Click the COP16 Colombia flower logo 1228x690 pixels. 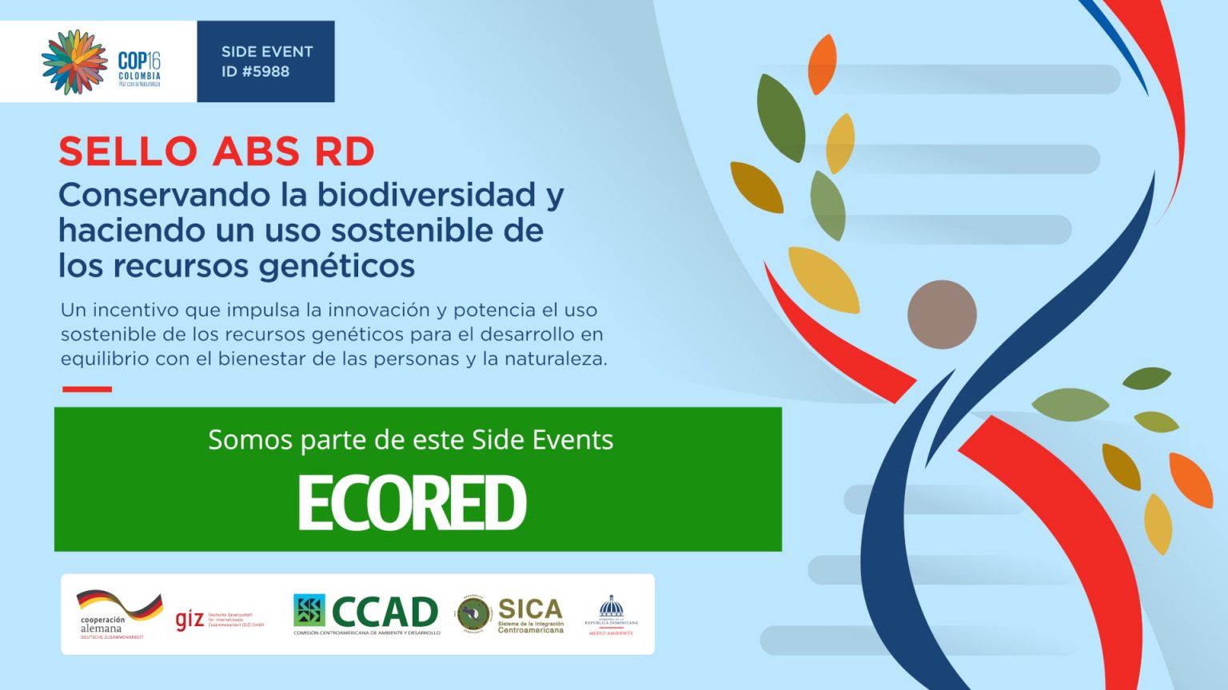point(74,61)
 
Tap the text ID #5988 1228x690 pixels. point(255,72)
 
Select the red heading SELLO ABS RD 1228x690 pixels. point(217,152)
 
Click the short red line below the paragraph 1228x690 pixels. point(87,389)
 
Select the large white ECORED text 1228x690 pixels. point(412,503)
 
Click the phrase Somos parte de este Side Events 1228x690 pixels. point(410,440)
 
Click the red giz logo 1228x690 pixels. point(189,619)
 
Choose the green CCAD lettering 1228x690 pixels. point(385,613)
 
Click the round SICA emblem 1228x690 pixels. point(474,615)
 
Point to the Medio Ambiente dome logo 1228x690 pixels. point(612,614)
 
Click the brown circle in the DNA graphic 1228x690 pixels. point(942,315)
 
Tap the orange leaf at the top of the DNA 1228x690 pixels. point(822,64)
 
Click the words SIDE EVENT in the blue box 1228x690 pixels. point(267,52)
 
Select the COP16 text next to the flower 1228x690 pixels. point(139,61)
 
